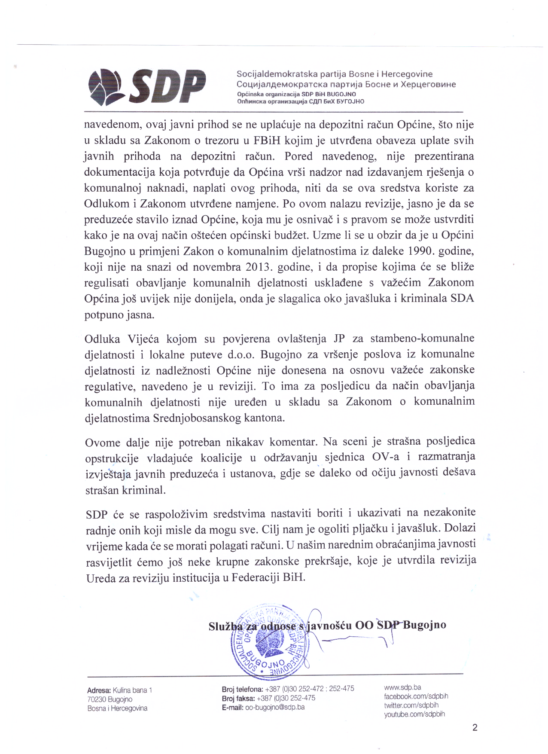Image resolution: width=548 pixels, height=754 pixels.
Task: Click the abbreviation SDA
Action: click(462, 299)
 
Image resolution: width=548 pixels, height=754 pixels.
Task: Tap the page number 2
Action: click(475, 728)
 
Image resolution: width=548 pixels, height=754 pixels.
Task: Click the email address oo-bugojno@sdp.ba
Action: click(275, 707)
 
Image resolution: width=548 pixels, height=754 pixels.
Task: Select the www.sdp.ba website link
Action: click(402, 687)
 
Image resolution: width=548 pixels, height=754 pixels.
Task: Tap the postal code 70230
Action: click(96, 699)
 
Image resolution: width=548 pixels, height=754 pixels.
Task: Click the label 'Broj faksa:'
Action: click(238, 698)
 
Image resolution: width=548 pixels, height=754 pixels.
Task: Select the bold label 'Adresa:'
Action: click(99, 690)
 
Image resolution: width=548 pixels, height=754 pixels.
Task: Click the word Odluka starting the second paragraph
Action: click(102, 339)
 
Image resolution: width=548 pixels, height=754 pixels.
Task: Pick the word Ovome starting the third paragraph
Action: click(103, 443)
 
